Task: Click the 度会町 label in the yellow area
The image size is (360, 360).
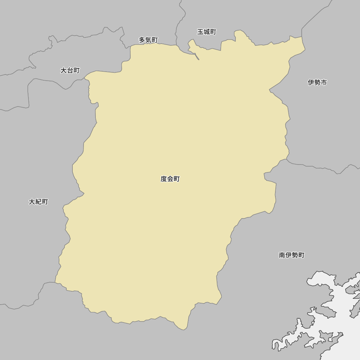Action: (170, 179)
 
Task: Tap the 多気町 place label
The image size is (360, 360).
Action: (148, 40)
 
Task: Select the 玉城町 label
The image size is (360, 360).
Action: (207, 32)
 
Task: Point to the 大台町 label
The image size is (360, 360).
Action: (70, 71)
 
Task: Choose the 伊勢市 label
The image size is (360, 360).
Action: (317, 82)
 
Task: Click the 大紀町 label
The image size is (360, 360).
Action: (39, 202)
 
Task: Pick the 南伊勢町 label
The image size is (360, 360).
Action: (292, 255)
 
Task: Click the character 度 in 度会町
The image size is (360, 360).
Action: (164, 179)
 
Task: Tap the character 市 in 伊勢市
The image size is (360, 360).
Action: (324, 82)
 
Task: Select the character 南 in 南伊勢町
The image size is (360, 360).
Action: (282, 255)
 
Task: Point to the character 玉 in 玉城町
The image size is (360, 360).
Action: (201, 32)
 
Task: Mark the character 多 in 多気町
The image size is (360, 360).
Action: (142, 40)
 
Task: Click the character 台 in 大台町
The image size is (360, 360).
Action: (70, 71)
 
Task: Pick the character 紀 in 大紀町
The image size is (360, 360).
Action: (39, 202)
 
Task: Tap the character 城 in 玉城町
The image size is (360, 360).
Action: (207, 32)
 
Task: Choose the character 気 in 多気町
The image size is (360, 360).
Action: (148, 40)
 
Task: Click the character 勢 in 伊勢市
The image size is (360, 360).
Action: (317, 82)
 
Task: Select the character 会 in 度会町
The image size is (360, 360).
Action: (170, 179)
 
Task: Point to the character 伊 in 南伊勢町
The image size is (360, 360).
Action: (288, 255)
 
